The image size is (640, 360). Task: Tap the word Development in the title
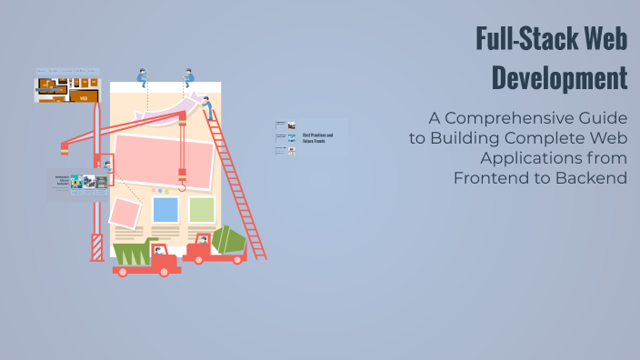pos(559,77)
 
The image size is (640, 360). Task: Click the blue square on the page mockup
pos(165,210)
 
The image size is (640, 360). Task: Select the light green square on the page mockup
pos(202,210)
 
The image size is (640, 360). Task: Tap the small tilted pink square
pos(125,214)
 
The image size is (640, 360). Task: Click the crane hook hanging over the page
pos(183,181)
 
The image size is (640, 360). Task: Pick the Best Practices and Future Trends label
pos(317,138)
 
